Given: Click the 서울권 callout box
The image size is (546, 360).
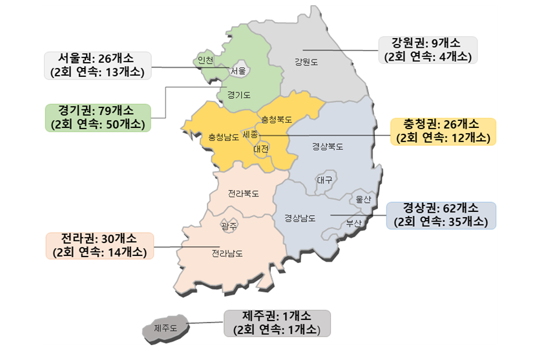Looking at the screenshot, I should coord(98,65).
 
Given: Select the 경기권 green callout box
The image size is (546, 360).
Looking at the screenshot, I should coord(98,118).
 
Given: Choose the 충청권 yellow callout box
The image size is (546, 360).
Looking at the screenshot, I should coord(444,131).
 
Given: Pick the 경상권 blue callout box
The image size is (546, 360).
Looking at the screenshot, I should coord(441,215).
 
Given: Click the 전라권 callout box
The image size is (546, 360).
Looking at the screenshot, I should coord(100,246).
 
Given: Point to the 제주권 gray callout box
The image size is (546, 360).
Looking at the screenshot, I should coord(277,323).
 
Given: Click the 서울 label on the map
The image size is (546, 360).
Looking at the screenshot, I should coord(238,71).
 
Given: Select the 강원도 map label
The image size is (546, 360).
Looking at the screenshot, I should coord(306,62).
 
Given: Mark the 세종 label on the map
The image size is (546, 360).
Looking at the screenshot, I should coord(250,134).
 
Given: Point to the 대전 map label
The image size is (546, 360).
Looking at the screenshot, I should coord(261,149).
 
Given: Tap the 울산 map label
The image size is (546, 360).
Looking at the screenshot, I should coord(362,200).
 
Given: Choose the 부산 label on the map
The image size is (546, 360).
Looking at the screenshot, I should coord(353,223).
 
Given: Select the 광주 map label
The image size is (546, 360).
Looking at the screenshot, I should coord(229,226).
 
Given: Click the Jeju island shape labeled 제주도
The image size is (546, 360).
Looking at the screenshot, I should coord(165,328).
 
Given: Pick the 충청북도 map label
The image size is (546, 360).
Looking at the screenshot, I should coord(277,120).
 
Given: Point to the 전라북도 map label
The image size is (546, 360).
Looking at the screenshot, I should coord(244,193).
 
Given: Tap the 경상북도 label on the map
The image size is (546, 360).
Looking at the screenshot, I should coord(328,147).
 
